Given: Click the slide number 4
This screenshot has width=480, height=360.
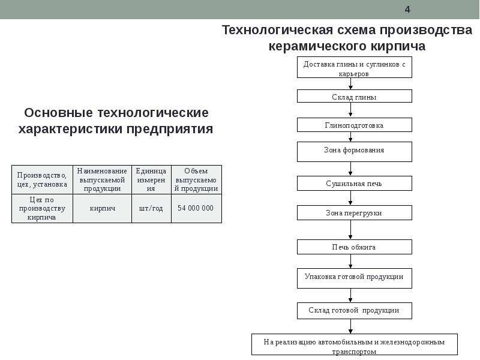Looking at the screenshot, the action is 407,10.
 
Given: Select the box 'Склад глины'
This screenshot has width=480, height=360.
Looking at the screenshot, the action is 354,96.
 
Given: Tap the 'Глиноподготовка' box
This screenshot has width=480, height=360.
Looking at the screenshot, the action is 354,125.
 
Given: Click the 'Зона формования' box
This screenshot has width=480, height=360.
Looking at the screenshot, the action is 354,152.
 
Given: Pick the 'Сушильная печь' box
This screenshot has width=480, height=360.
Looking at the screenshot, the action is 354,184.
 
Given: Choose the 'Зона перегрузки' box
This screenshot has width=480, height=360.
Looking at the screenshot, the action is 354,213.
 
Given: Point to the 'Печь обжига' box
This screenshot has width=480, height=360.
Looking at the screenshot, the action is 354,247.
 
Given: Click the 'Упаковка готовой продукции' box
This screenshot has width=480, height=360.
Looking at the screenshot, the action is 354,278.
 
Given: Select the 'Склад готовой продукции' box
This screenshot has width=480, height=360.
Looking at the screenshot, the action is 354,311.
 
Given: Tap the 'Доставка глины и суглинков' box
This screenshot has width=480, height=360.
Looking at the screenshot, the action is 354,67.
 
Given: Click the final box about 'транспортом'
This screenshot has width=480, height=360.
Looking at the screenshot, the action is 355,344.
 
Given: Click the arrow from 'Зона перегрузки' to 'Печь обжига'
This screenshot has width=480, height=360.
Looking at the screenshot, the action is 350,230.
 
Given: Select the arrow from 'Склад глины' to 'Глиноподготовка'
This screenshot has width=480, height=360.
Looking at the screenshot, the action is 350,110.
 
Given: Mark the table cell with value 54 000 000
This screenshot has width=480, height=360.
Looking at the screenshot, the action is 196,208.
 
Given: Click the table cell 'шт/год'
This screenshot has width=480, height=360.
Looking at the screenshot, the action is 151,208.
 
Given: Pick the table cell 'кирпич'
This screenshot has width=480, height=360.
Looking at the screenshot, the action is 102,208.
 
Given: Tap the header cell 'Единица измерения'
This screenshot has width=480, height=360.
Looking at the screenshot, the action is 151,179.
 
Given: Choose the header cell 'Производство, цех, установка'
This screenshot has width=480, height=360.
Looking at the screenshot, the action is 42,179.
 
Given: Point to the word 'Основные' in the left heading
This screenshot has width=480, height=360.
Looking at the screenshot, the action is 58,113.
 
